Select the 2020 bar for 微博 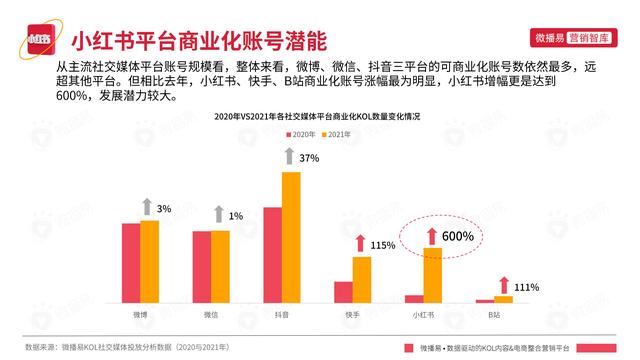(x=131, y=262)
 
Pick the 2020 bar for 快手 (x=343, y=291)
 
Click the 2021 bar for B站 (x=503, y=298)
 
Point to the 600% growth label (x=456, y=236)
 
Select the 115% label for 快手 (x=384, y=245)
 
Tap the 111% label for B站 (x=527, y=287)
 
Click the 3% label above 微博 (x=164, y=208)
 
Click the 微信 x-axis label (x=211, y=314)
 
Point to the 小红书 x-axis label (x=423, y=314)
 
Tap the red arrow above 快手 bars (x=359, y=244)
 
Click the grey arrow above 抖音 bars (x=289, y=157)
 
